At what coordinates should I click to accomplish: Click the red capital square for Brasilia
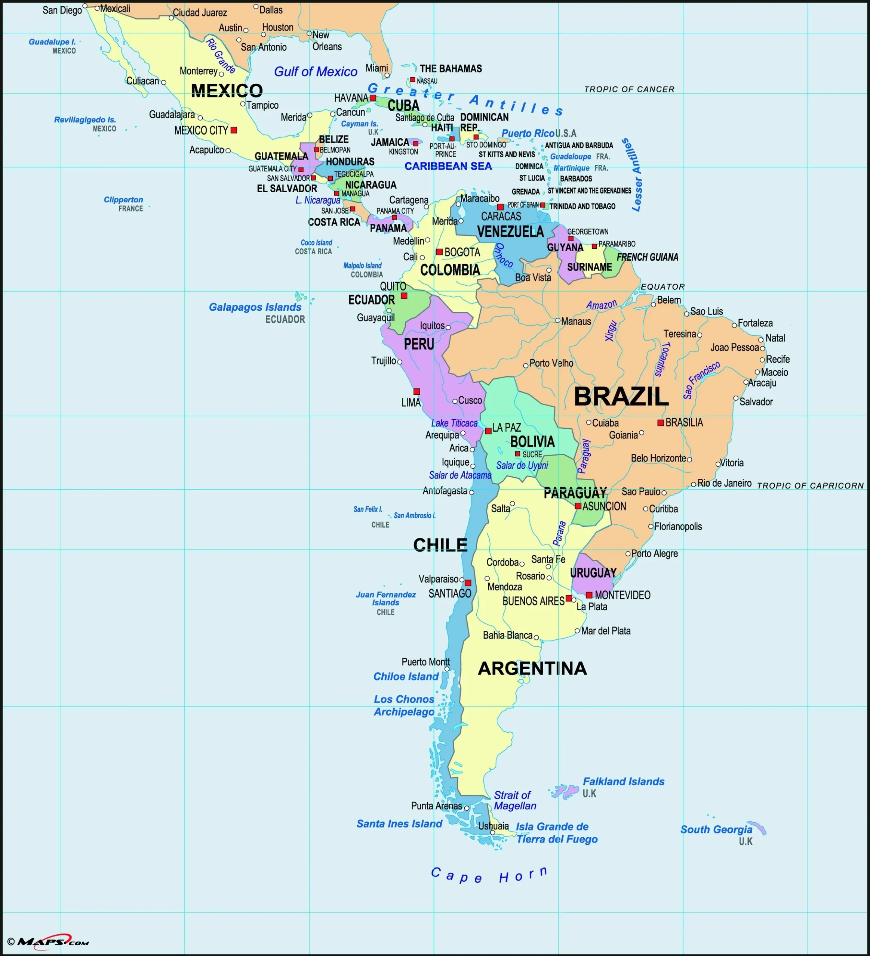tap(660, 422)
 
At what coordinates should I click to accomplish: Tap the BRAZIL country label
tap(621, 397)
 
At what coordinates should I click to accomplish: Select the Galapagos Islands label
tap(255, 307)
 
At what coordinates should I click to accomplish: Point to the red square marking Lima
tap(417, 392)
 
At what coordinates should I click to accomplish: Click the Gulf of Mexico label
tap(316, 72)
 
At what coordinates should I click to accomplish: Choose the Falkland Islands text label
tap(623, 782)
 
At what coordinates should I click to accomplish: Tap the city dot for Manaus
tap(558, 320)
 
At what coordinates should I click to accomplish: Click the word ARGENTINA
tap(532, 668)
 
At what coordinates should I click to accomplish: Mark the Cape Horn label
tap(489, 875)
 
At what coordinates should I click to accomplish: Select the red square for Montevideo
tap(589, 595)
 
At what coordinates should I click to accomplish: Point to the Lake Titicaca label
tap(454, 423)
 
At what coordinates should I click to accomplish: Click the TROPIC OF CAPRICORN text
tap(810, 485)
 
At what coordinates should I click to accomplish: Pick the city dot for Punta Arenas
tap(467, 808)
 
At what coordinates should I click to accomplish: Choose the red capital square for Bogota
tap(440, 252)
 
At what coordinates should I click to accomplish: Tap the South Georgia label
tap(716, 829)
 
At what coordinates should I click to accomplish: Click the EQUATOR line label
tap(663, 287)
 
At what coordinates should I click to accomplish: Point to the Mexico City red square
tap(234, 130)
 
